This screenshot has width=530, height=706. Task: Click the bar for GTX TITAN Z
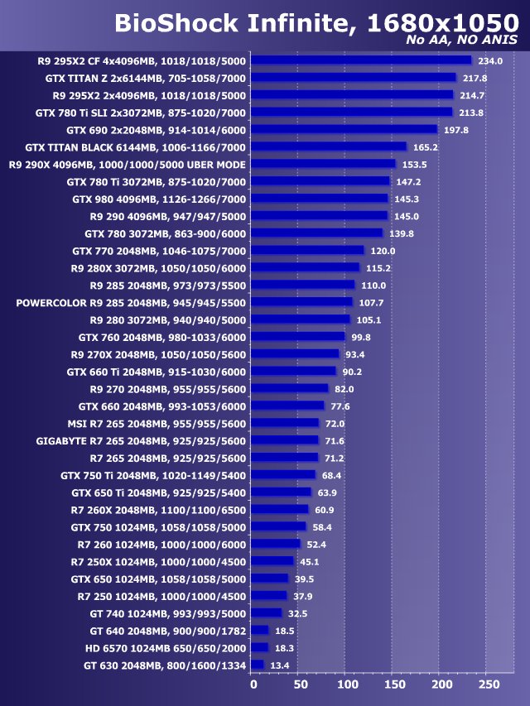(353, 78)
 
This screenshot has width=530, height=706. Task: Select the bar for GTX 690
(344, 129)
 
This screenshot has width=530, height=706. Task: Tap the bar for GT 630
(257, 665)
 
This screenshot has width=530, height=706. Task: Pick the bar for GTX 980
(319, 199)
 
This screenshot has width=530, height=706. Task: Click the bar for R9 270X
(295, 354)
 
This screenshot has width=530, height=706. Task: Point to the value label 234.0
(490, 60)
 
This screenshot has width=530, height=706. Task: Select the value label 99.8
(362, 337)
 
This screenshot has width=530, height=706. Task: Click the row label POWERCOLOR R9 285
(131, 302)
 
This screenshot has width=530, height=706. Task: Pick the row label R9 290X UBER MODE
(128, 164)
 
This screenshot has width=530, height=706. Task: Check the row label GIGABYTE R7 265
(141, 440)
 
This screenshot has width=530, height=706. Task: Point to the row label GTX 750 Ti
(153, 475)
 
